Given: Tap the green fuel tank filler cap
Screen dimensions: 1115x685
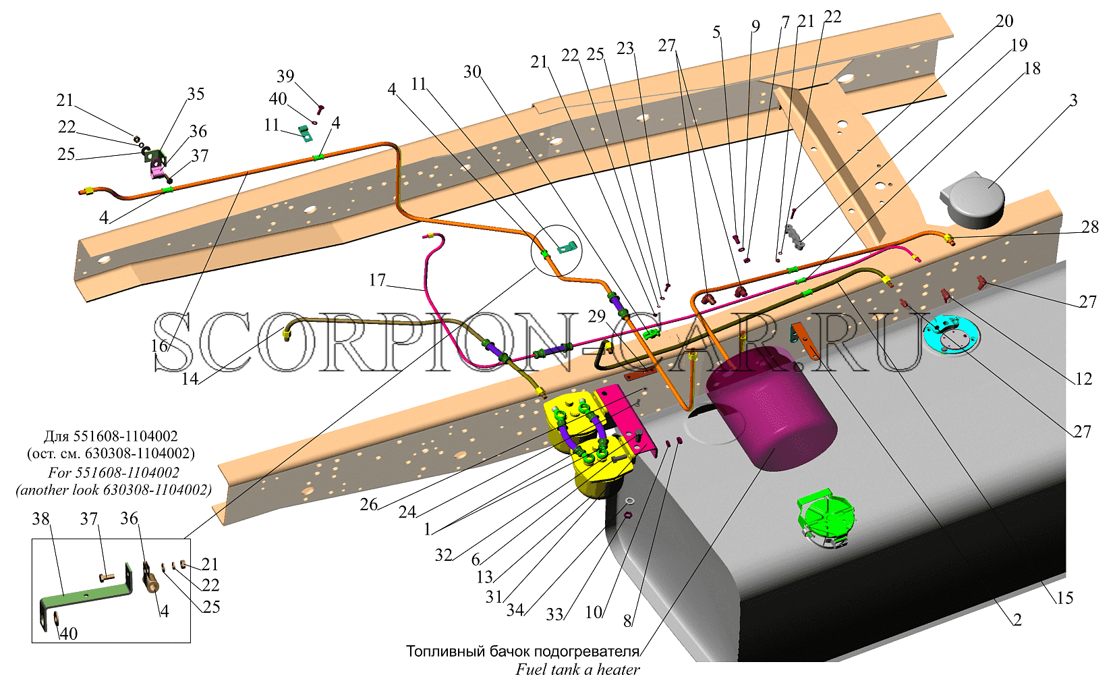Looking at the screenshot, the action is (x=826, y=518).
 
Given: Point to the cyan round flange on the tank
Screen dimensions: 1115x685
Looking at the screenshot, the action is (x=950, y=335).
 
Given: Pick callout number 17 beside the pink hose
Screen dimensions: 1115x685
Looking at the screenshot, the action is (x=377, y=280).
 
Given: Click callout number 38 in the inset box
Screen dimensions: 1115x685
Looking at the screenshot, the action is (x=41, y=519).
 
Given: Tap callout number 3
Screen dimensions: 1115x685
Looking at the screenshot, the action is (x=1074, y=100).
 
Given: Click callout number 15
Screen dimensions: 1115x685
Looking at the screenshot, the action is (x=1064, y=598).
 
